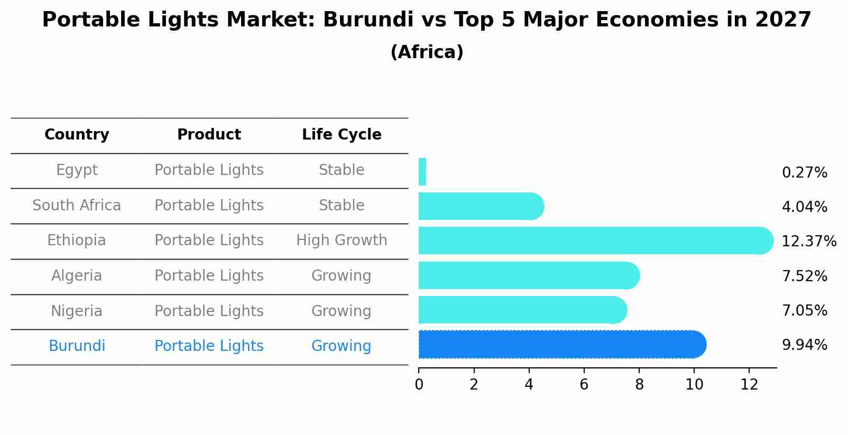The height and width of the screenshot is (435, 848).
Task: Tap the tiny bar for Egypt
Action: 422,172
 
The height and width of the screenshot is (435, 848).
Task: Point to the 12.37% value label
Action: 808,242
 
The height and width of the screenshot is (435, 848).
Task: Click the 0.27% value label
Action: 804,173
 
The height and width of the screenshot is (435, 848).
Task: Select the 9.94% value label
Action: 804,345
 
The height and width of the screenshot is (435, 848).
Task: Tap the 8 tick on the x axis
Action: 639,385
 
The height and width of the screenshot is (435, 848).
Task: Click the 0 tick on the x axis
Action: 419,385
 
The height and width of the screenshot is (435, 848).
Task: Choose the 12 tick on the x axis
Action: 749,385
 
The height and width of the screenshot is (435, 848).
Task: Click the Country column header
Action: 77,135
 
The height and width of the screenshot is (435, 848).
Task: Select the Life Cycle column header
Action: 342,135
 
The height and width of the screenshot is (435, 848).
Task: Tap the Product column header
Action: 209,135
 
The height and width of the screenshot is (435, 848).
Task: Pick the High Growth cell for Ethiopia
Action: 342,240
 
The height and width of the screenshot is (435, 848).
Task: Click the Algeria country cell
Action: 77,276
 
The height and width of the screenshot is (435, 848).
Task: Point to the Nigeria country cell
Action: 77,311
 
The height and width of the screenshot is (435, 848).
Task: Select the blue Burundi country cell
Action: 77,346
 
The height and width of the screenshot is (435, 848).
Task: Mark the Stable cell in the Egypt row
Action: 342,170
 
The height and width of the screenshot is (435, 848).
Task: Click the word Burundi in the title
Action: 368,20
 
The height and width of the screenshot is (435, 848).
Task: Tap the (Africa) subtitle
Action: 427,52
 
